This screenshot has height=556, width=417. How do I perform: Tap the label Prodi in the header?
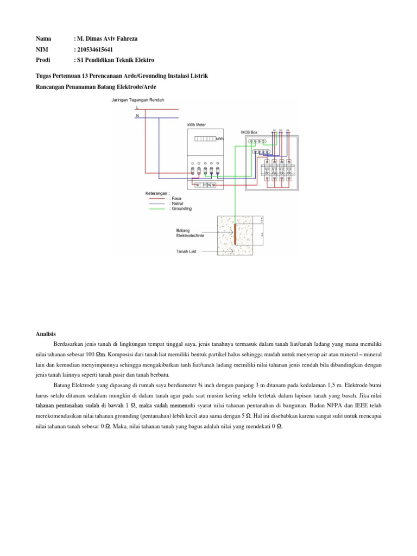(x=43, y=60)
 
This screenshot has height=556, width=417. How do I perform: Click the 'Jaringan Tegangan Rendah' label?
(x=137, y=100)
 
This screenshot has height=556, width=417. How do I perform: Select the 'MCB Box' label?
(x=249, y=132)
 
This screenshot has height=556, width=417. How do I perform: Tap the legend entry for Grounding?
(x=180, y=209)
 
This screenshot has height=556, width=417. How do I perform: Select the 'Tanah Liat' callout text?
(x=186, y=251)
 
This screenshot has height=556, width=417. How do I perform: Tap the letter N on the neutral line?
(x=137, y=116)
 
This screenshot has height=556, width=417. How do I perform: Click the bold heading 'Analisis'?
(x=46, y=334)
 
